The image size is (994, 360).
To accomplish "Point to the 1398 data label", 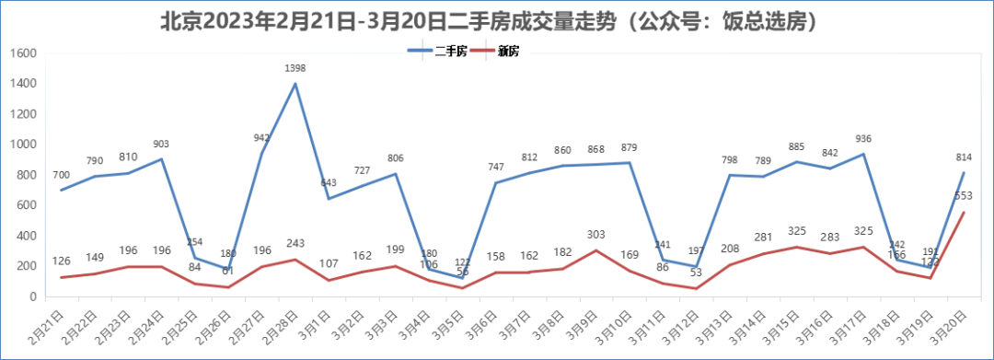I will (x=295, y=68).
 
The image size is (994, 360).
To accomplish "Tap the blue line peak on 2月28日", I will (x=295, y=84).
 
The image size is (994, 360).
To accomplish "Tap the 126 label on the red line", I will (x=62, y=261).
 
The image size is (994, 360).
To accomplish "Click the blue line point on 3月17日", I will (x=863, y=154).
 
